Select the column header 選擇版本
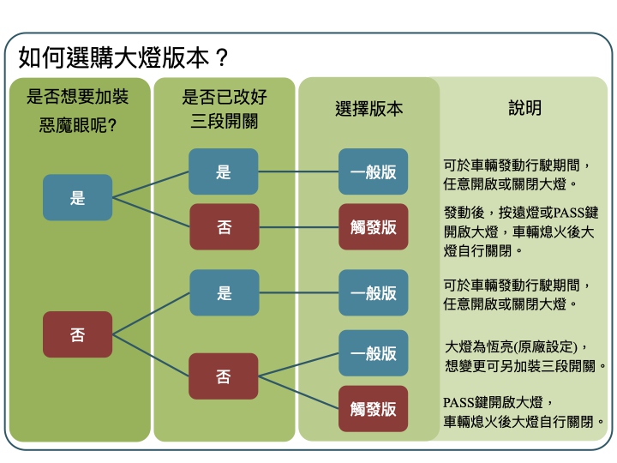(x=368, y=109)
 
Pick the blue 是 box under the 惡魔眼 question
(x=78, y=197)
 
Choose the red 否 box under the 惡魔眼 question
(x=78, y=334)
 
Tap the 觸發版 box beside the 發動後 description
(x=373, y=227)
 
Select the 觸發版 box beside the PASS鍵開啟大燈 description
(x=373, y=409)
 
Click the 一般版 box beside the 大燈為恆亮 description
(x=373, y=352)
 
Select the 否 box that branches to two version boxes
(x=224, y=376)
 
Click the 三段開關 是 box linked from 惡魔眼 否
(x=224, y=293)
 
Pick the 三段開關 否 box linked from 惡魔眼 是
(x=224, y=227)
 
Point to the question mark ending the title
(x=221, y=57)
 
